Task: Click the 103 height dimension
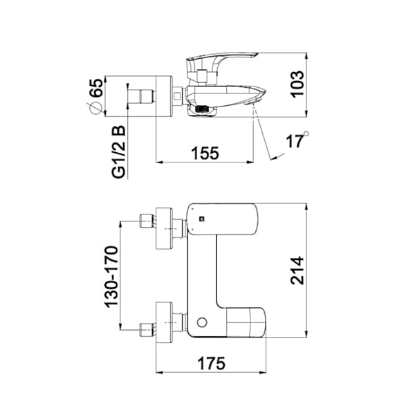pos(297,84)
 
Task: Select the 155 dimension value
pos(205,153)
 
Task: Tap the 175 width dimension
pos(212,363)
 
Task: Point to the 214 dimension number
pos(297,270)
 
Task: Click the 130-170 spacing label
pos(111,277)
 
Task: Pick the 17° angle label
pos(297,140)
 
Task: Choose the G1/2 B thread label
pos(118,152)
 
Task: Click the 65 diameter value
pos(95,88)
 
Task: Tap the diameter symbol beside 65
pos(95,108)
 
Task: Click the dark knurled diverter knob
pos(202,109)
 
